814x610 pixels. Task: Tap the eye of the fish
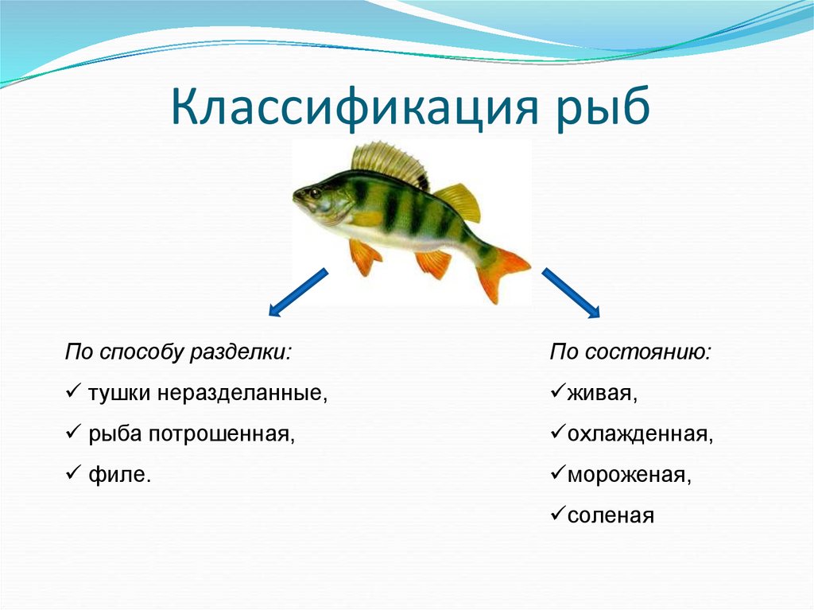pyautogui.click(x=316, y=192)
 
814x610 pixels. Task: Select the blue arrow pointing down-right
pyautogui.click(x=571, y=293)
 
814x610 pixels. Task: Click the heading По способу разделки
pyautogui.click(x=178, y=352)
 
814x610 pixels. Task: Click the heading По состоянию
pyautogui.click(x=630, y=352)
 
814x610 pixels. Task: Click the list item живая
pyautogui.click(x=602, y=394)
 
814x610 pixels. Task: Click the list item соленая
pyautogui.click(x=610, y=516)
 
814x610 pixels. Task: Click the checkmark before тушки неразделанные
pyautogui.click(x=72, y=393)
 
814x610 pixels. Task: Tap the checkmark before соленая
pyautogui.click(x=556, y=515)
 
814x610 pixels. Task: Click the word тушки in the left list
pyautogui.click(x=120, y=394)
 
